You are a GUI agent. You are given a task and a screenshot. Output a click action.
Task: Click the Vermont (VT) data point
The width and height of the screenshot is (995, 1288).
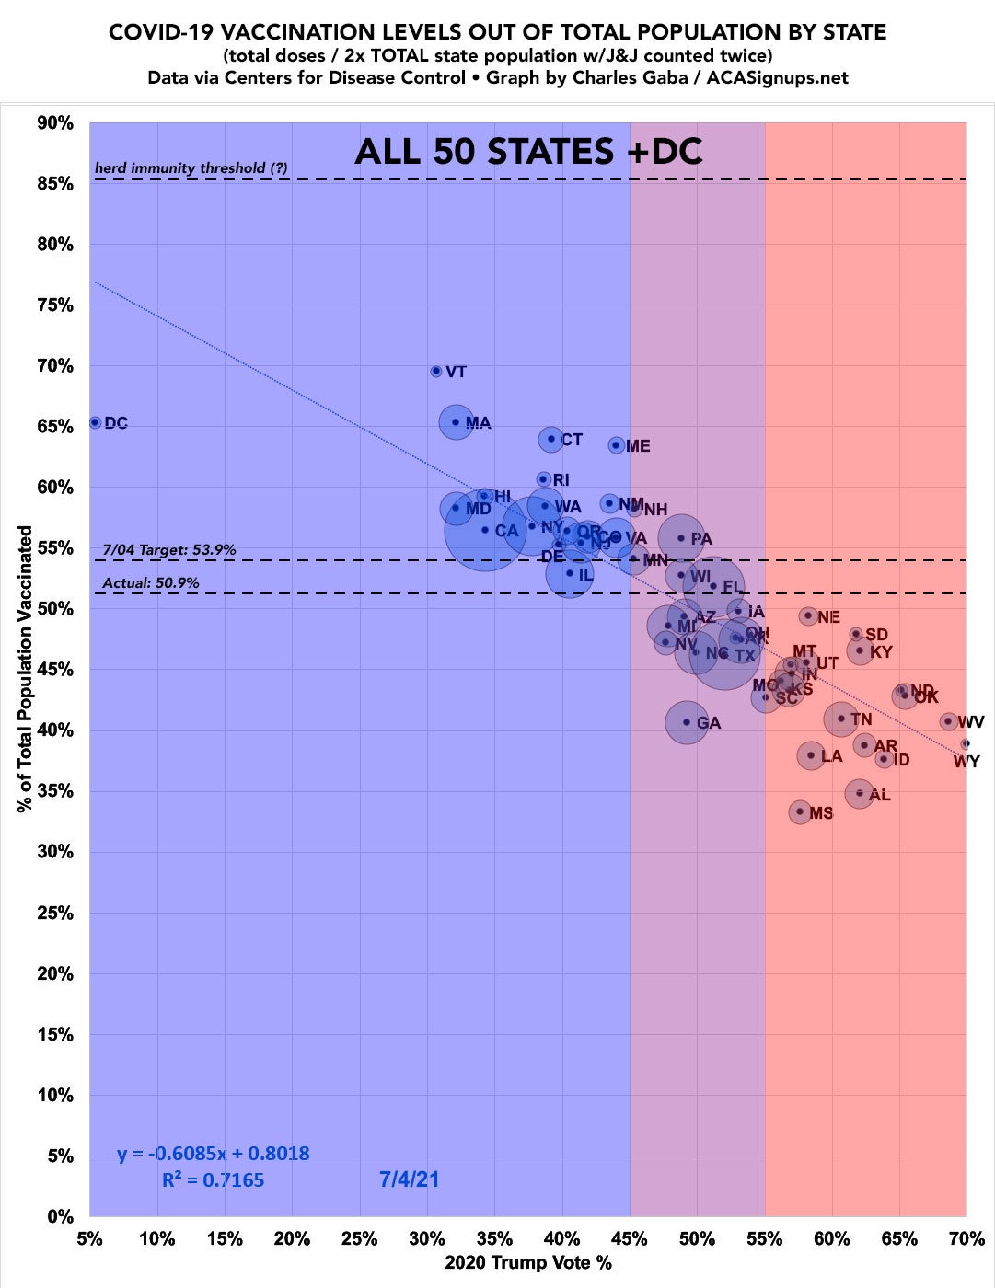click(436, 371)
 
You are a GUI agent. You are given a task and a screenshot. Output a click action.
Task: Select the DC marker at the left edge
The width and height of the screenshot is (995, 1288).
click(95, 422)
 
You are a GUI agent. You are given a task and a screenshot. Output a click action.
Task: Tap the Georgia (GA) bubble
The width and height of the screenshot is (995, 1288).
click(686, 722)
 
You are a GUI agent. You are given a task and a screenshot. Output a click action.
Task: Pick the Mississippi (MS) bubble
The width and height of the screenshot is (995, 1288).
click(800, 811)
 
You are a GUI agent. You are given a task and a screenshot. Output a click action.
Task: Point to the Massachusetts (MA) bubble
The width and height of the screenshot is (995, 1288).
click(456, 422)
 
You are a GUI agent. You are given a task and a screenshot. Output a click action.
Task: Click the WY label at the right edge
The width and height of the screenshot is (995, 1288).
click(966, 762)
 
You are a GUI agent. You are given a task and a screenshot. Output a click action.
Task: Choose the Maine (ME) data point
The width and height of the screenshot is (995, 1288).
click(616, 445)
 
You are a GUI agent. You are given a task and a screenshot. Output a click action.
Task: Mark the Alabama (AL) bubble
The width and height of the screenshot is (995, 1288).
click(860, 793)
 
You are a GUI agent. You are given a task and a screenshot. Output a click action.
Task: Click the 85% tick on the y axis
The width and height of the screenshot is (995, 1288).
click(55, 184)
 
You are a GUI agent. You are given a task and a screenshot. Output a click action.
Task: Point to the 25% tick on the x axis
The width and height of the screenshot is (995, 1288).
click(360, 1238)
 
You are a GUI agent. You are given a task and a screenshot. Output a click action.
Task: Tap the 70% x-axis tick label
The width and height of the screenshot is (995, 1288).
click(966, 1238)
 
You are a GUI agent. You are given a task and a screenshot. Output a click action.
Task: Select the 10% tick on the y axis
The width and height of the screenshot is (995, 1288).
click(55, 1096)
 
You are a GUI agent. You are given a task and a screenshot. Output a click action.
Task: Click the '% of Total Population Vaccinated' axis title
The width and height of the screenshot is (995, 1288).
click(26, 669)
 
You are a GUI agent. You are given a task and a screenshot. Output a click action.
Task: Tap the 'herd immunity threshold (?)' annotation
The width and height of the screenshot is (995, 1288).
click(191, 167)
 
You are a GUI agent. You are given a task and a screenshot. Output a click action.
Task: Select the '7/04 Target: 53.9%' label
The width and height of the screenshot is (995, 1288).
click(169, 549)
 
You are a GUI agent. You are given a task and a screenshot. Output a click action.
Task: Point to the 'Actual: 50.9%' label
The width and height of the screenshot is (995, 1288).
click(151, 582)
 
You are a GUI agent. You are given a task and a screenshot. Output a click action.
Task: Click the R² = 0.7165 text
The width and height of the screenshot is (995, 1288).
click(213, 1179)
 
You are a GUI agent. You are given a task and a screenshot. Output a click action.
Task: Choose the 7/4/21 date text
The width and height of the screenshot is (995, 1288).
click(409, 1179)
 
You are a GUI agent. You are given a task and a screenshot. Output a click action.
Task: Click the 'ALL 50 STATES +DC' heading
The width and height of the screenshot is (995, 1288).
click(528, 151)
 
